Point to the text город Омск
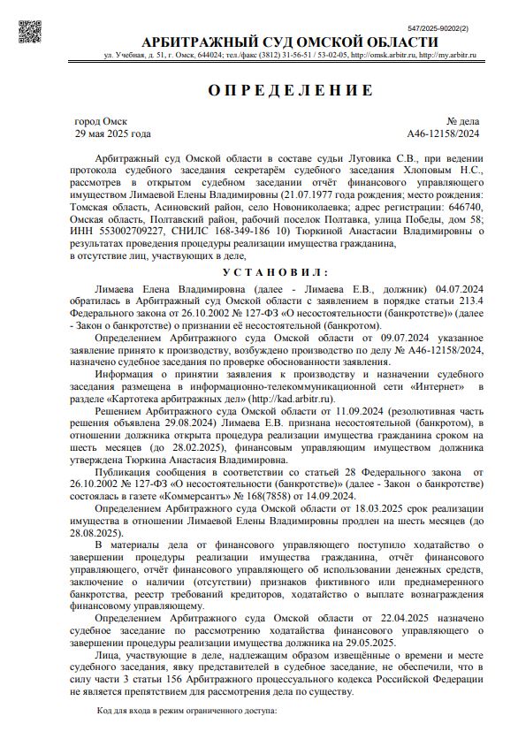tap(101, 121)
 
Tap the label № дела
tap(462, 121)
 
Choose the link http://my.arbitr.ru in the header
tap(446, 56)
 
